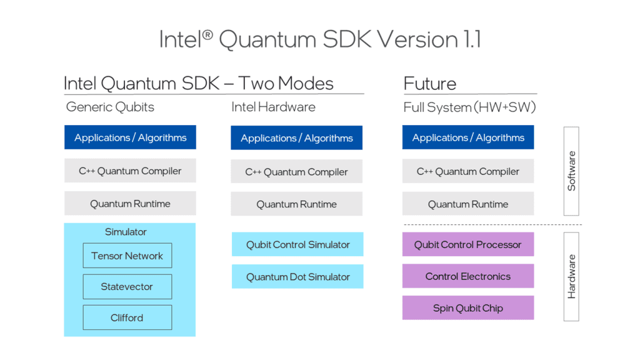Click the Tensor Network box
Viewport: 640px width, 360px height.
click(127, 256)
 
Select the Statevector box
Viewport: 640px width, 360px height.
click(127, 287)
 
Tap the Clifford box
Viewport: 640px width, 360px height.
click(127, 317)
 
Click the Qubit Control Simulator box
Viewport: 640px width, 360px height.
click(297, 244)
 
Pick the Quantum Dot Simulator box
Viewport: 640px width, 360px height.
click(297, 276)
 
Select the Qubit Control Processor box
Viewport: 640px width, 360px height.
click(467, 244)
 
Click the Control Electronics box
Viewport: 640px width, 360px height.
click(467, 276)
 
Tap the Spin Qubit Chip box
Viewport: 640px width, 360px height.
click(467, 308)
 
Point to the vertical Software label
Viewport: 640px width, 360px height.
click(571, 171)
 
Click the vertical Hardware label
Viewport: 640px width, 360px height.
click(571, 276)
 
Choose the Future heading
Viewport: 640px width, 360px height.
click(430, 83)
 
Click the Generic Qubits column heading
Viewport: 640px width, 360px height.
click(110, 107)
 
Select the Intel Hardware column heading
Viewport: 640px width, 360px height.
click(273, 107)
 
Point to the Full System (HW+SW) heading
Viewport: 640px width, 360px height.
click(469, 107)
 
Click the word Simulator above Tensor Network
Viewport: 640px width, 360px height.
click(126, 232)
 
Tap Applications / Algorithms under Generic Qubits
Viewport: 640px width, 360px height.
click(130, 137)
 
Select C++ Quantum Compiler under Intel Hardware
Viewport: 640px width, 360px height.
click(296, 172)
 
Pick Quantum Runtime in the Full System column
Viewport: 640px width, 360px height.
click(467, 204)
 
